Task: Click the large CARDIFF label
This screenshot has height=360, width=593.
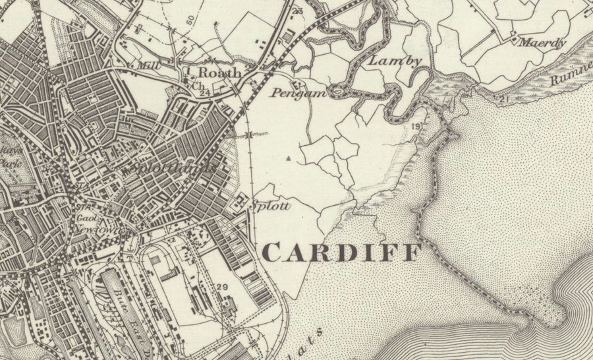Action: [343, 251]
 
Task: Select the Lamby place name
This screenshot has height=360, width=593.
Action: [386, 61]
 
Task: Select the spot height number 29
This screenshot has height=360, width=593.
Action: [222, 287]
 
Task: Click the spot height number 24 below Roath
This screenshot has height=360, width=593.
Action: [205, 94]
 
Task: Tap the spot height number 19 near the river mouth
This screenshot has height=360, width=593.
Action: [416, 126]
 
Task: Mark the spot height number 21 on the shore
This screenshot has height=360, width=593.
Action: [505, 100]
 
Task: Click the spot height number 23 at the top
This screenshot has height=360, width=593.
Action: [297, 11]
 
